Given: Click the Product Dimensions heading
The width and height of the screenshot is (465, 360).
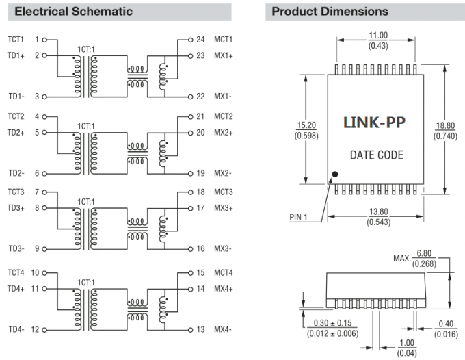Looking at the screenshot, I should [x=330, y=12].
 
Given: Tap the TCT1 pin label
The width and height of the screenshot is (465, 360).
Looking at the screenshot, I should [x=16, y=40].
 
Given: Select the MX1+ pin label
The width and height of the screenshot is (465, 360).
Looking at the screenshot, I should [x=224, y=55].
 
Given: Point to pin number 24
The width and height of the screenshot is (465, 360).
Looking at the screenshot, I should [x=200, y=40].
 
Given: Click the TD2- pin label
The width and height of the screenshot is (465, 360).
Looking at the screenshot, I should [x=16, y=173].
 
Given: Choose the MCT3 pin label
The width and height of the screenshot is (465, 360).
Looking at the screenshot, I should [x=224, y=192].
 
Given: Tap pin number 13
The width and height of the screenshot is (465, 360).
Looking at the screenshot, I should [x=200, y=329].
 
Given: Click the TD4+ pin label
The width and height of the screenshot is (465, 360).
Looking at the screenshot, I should [x=16, y=288].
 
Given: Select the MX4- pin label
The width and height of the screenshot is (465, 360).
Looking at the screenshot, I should [x=223, y=329].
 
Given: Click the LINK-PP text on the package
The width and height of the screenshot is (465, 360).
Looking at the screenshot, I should [x=373, y=123].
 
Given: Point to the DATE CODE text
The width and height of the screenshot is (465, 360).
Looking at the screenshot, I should [x=376, y=155].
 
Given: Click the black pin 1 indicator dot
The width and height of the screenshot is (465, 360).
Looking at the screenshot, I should [x=335, y=174].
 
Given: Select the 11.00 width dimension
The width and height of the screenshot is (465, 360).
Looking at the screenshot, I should [x=378, y=36].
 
